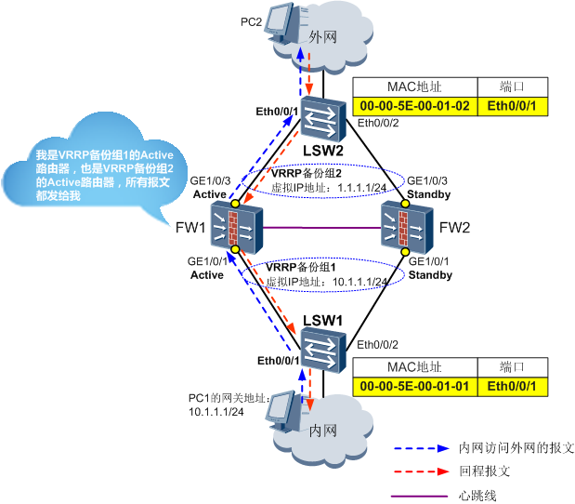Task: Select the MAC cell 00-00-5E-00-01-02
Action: pos(414,108)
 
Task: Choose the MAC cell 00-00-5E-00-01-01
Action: pos(414,386)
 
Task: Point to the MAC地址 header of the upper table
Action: pos(414,88)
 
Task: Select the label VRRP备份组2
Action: pos(307,174)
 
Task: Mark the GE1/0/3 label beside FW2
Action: pos(428,180)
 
